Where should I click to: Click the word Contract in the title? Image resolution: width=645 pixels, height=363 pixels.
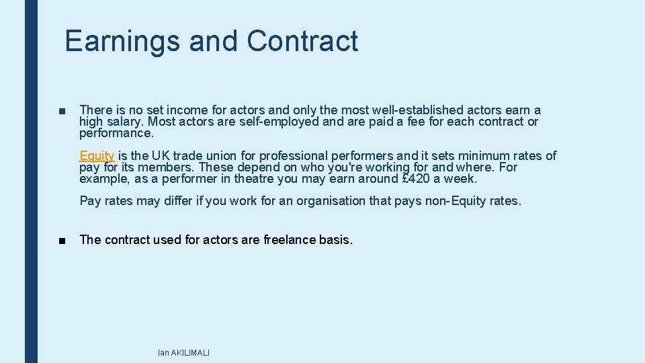pyautogui.click(x=302, y=41)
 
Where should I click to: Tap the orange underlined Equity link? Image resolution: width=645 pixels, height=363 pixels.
pyautogui.click(x=97, y=156)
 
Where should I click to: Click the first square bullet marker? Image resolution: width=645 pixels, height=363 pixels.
pyautogui.click(x=62, y=110)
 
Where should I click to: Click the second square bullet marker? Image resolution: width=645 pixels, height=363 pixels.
pyautogui.click(x=62, y=240)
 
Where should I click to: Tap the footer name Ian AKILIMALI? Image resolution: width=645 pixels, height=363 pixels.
pyautogui.click(x=183, y=353)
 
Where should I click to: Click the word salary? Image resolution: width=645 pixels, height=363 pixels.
pyautogui.click(x=122, y=122)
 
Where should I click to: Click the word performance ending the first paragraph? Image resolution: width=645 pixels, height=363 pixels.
pyautogui.click(x=110, y=133)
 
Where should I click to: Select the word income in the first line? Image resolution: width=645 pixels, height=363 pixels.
pyautogui.click(x=189, y=110)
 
